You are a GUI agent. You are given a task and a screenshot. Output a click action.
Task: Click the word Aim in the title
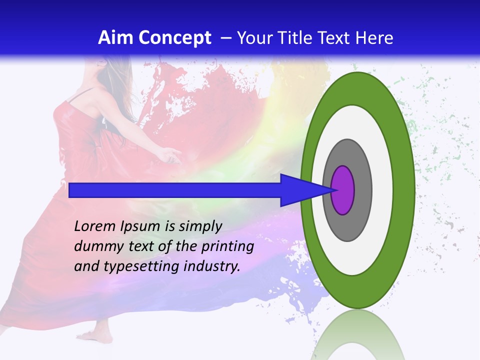116,38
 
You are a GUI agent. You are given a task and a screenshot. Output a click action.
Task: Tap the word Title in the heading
295,38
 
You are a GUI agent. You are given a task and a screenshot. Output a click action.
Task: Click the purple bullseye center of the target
343,190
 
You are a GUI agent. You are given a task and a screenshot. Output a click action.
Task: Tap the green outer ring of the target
403,190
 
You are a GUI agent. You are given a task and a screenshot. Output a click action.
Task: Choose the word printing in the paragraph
228,247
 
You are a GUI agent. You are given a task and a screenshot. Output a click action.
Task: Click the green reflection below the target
357,335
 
